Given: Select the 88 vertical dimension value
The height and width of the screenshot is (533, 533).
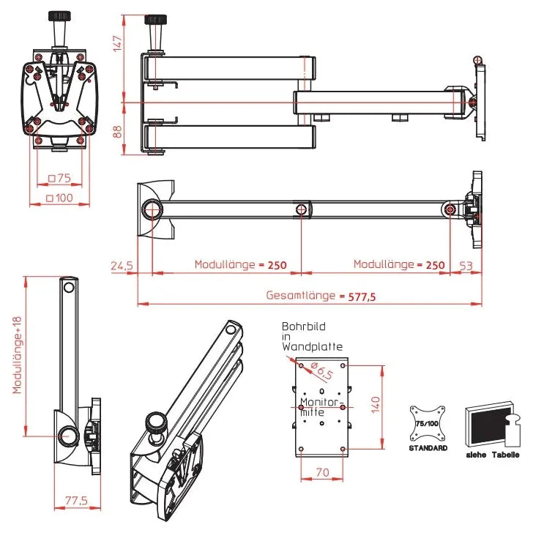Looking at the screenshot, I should [x=117, y=132].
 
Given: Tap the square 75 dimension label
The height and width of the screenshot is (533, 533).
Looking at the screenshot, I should [x=59, y=178].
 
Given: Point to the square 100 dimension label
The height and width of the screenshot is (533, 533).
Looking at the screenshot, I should [x=59, y=198].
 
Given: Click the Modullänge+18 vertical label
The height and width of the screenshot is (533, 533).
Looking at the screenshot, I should [x=17, y=354].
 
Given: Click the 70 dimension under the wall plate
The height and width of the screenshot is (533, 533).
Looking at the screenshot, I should [x=322, y=473].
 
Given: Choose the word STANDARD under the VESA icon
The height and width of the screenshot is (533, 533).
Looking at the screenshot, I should [x=428, y=448].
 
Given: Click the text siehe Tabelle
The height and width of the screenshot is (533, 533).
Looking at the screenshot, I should [x=493, y=455].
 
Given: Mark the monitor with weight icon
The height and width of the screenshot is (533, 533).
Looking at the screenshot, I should [x=491, y=422].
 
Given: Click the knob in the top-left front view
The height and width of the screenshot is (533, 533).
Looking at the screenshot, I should [x=58, y=22].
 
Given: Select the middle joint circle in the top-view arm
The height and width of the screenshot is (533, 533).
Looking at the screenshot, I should [x=302, y=210].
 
